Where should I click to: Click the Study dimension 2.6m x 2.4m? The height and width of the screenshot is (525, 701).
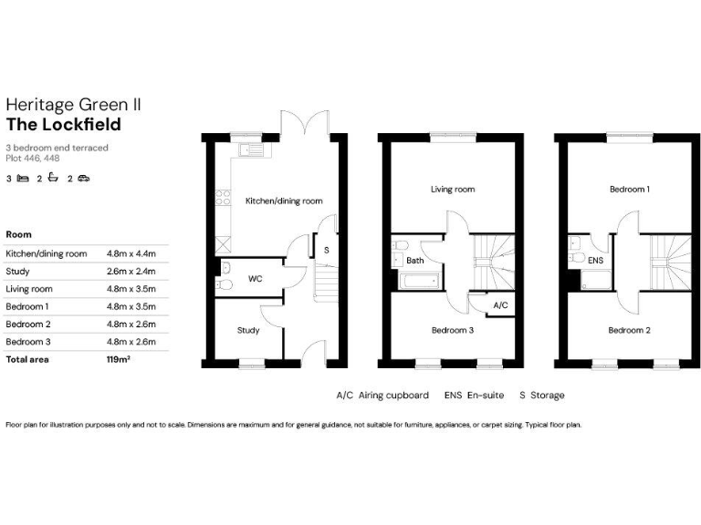(x=131, y=271)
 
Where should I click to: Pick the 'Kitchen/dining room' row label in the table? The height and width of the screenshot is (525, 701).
(x=47, y=253)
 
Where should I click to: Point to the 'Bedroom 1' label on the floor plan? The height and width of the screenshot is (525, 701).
(x=630, y=190)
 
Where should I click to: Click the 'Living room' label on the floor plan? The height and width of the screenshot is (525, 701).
(x=453, y=190)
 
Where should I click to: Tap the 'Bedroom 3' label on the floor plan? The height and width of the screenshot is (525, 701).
(x=452, y=330)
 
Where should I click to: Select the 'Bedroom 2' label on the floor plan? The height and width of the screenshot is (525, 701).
(x=630, y=330)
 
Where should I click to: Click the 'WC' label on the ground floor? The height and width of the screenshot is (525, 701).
(x=255, y=278)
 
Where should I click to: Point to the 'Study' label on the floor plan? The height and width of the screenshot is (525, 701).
(x=248, y=330)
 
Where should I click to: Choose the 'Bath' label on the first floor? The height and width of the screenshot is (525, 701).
(x=415, y=261)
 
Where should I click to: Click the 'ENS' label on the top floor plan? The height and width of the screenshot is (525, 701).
(x=595, y=261)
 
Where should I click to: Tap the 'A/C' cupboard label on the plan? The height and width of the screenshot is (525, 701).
(x=499, y=304)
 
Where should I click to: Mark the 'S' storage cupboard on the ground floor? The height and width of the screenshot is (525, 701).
(x=327, y=248)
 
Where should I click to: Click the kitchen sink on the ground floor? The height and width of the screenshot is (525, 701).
(x=250, y=149)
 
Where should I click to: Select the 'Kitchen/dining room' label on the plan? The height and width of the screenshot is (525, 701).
(x=283, y=201)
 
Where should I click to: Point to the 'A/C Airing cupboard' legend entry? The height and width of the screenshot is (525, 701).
(x=382, y=396)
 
